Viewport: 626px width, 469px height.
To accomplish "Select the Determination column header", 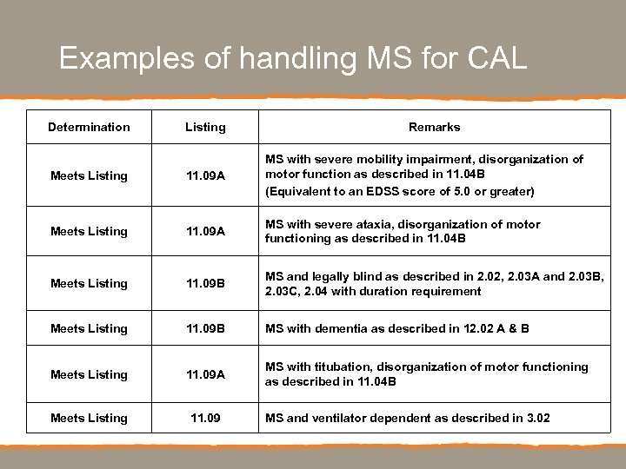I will coord(89,127).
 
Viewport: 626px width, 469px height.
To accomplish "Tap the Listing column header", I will coord(205,127).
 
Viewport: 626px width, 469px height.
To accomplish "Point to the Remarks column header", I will coord(434,127).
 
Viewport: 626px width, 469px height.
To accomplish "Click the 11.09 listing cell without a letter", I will coord(205,418).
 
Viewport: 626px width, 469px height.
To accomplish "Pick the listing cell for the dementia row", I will coord(205,328).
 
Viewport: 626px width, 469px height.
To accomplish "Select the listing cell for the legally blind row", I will coord(205,283).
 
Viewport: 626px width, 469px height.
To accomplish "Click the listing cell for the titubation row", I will coord(205,374).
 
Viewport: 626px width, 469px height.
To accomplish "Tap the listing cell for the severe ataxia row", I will coord(205,231).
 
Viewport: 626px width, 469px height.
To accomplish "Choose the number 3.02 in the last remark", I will coord(538,418).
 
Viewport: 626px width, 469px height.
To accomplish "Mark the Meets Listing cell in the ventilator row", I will coord(89,418).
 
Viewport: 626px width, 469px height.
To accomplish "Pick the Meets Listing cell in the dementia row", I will coord(89,328).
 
